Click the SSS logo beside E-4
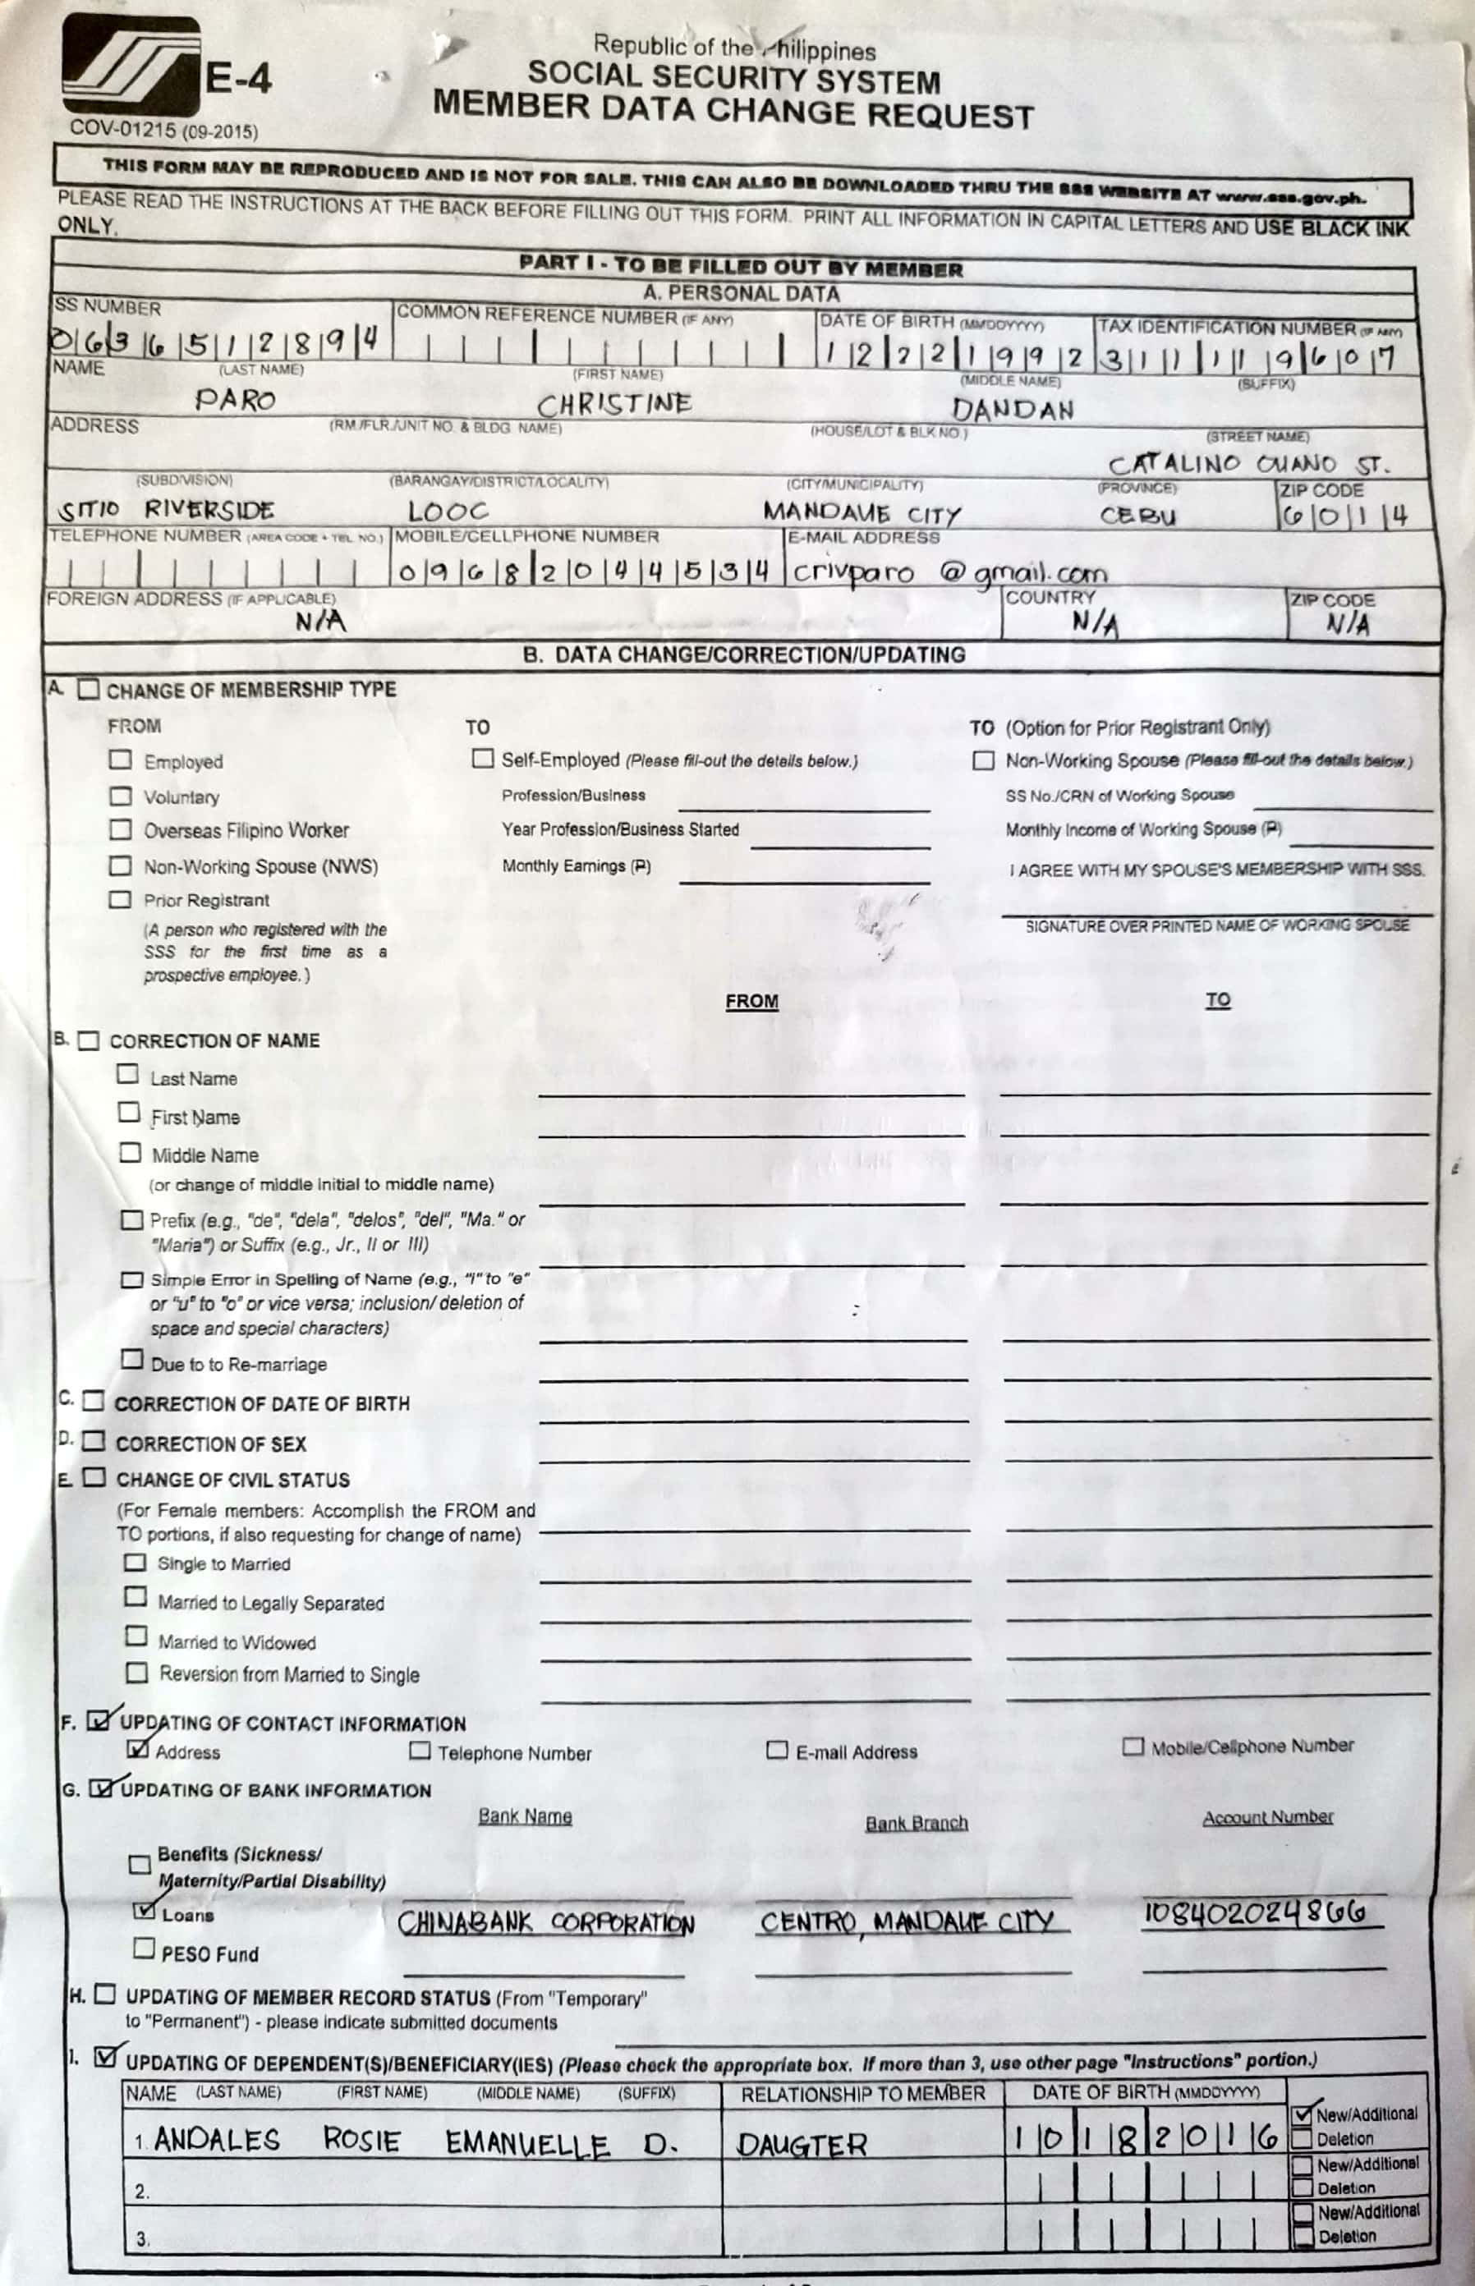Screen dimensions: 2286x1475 131,65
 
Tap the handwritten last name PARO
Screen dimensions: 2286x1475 236,399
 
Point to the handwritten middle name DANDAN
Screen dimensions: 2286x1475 1013,410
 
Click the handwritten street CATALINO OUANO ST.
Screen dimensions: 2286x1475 1248,466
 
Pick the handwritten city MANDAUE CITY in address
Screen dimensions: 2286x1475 861,514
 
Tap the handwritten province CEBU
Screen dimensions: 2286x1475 1137,515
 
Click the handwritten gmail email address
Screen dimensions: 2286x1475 949,572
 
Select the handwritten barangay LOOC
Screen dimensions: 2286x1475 448,512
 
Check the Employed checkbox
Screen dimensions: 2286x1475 121,760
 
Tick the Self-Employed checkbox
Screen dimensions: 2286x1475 483,759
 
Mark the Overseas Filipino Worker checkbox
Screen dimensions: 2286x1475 121,829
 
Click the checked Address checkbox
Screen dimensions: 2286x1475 138,1749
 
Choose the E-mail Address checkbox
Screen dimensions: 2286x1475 777,1750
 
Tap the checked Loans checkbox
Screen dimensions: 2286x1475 144,1911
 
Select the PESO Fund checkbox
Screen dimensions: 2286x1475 144,1947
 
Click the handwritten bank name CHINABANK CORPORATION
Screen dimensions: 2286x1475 546,1922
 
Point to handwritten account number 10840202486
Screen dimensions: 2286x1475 1254,1913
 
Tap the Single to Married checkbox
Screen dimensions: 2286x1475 136,1563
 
